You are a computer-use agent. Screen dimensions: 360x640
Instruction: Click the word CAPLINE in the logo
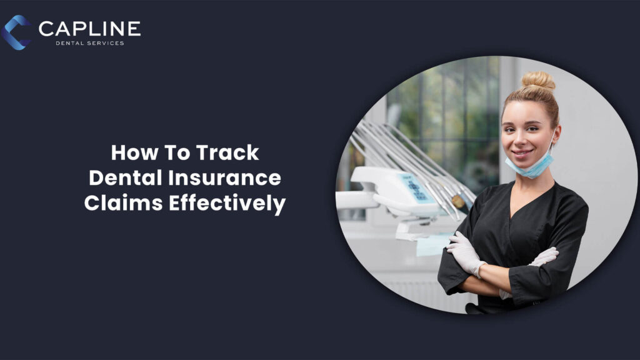(89, 28)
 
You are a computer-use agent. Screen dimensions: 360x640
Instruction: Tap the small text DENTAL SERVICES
(89, 43)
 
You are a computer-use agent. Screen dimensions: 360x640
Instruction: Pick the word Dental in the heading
(125, 179)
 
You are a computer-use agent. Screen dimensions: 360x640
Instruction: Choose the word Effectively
(226, 204)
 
